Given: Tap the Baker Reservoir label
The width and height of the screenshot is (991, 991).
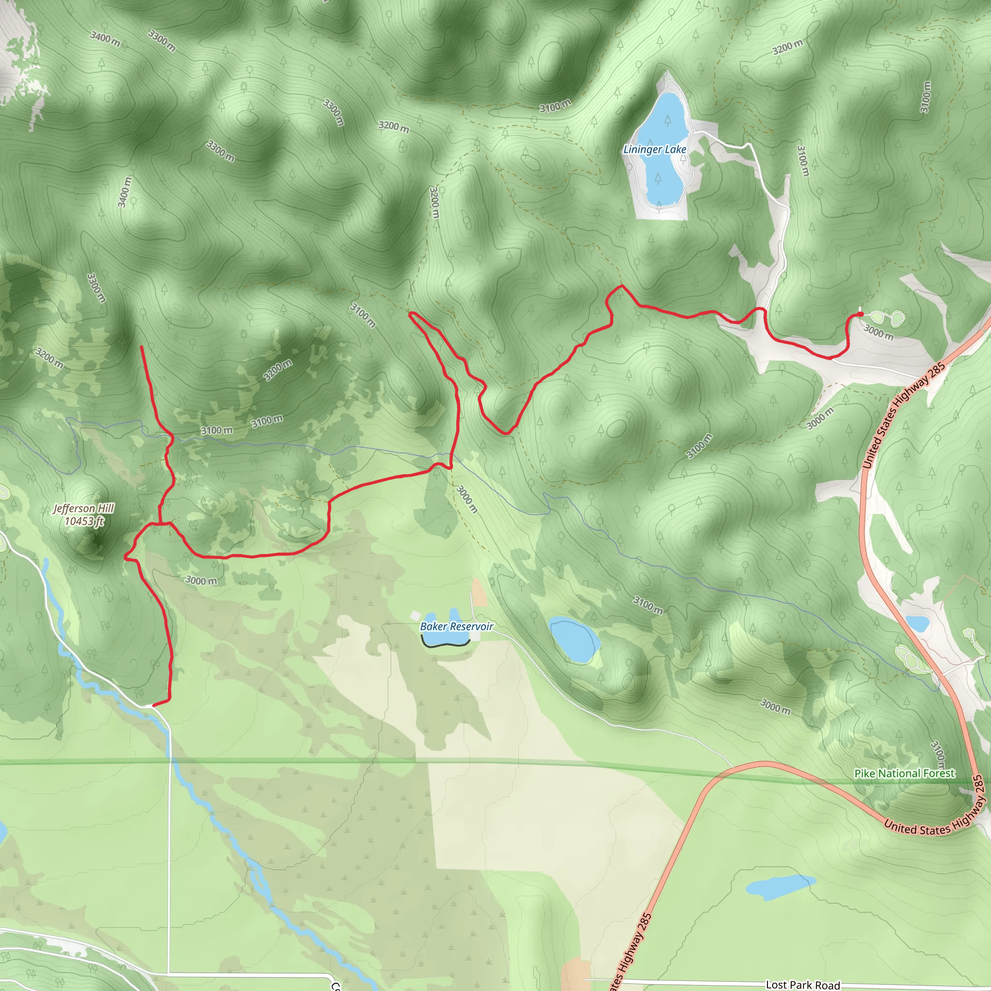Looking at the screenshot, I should [x=456, y=626].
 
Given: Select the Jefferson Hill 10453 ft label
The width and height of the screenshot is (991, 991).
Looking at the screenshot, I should [x=84, y=514].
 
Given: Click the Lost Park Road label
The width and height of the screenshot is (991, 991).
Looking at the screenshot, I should [x=803, y=984].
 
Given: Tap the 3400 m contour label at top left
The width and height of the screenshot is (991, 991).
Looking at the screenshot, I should [x=105, y=39].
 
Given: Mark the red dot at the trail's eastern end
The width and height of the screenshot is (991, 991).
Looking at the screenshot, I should [x=860, y=314].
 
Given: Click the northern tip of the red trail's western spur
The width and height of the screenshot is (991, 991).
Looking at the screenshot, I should [x=141, y=347].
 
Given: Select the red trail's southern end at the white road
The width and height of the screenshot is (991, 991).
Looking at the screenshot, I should [x=153, y=706].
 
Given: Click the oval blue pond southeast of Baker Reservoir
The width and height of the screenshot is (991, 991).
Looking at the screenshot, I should [x=574, y=641].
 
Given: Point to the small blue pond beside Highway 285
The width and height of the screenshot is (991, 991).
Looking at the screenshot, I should [x=917, y=623].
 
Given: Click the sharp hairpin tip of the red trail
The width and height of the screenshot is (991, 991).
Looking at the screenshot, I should [x=410, y=314].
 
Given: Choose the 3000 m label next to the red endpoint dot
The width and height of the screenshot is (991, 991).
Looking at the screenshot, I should [x=879, y=332].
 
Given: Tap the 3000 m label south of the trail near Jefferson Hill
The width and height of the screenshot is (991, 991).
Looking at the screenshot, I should [x=201, y=581].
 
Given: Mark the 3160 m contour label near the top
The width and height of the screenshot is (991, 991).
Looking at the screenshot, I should [x=555, y=106].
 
